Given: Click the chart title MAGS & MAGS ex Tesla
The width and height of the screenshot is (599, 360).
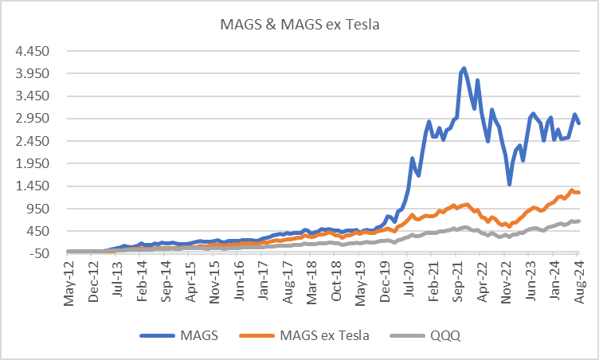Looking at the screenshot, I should click(299, 24).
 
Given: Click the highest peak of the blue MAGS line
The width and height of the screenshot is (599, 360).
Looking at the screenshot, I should click(464, 68).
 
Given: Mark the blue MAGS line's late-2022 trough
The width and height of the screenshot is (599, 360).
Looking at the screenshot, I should click(510, 184).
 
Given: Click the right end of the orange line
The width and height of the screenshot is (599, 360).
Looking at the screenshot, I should click(578, 193).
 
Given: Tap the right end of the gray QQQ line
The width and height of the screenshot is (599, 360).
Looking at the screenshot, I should click(578, 221).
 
